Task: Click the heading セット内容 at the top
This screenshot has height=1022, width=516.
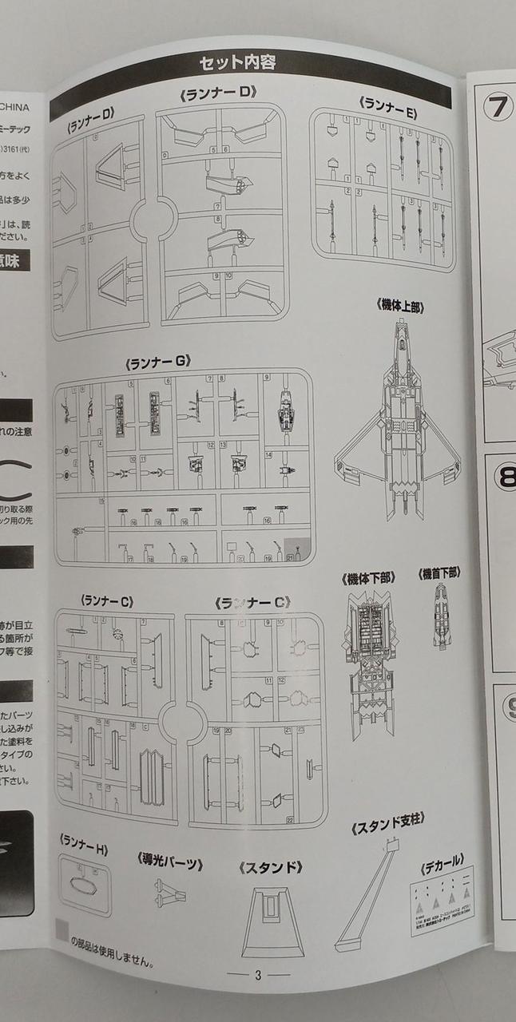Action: click(x=237, y=62)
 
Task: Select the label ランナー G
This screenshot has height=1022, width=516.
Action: click(x=157, y=362)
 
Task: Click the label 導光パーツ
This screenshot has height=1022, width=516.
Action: click(x=169, y=863)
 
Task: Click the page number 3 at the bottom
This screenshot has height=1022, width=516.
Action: click(x=258, y=975)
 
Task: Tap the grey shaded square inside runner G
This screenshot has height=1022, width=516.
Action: click(x=296, y=549)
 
